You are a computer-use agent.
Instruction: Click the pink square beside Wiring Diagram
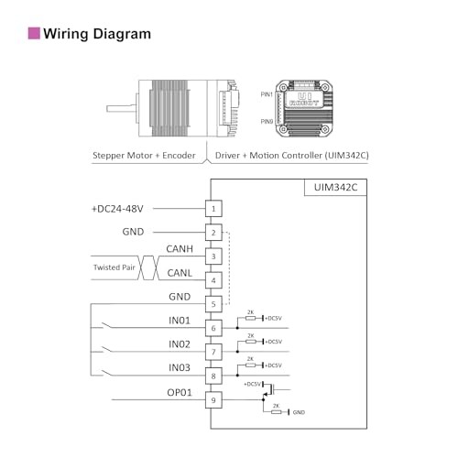click(33, 34)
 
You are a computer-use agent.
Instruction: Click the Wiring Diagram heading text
click(98, 34)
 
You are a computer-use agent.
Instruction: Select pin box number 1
click(213, 209)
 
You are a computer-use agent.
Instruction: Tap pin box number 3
click(213, 256)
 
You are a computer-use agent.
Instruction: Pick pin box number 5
click(213, 304)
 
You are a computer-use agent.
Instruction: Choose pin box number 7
click(213, 352)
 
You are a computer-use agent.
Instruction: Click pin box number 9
click(213, 399)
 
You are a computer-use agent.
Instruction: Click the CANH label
click(180, 248)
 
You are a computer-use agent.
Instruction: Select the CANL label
click(180, 272)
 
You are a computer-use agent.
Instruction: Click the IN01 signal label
click(179, 320)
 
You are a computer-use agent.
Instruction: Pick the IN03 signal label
click(179, 367)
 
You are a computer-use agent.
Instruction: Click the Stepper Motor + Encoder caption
click(144, 156)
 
